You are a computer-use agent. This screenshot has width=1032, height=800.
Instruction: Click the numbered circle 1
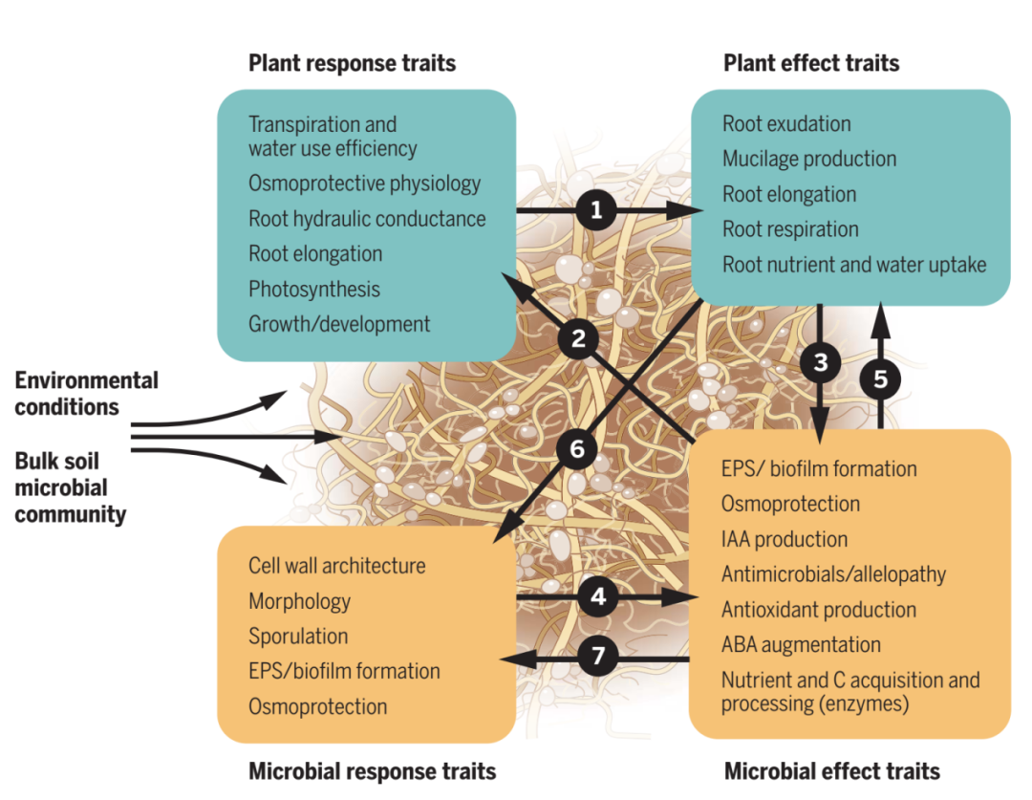click(596, 209)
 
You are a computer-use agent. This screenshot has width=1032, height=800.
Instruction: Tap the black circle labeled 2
click(578, 337)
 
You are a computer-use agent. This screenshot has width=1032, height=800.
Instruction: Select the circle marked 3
click(820, 362)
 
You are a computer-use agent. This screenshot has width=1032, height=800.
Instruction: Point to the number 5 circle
click(880, 378)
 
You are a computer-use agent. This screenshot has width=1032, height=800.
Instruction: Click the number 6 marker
click(576, 450)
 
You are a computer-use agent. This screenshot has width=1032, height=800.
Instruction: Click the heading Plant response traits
click(352, 64)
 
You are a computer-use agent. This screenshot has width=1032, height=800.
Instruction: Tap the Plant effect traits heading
click(811, 64)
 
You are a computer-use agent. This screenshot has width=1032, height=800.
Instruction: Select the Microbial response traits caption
click(372, 771)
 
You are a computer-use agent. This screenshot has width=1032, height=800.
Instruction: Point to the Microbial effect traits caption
click(831, 771)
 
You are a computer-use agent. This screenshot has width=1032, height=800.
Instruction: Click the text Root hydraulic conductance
click(367, 219)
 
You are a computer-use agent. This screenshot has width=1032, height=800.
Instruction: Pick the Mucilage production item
click(809, 159)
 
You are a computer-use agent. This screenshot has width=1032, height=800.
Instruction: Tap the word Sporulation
click(298, 637)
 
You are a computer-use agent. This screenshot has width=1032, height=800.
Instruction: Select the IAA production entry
click(784, 539)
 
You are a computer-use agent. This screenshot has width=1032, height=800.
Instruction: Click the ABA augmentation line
click(801, 644)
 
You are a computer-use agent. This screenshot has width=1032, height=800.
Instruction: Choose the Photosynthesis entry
click(314, 289)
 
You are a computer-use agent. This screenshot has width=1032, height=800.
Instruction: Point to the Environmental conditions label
click(86, 394)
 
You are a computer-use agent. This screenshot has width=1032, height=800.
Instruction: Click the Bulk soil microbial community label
click(70, 487)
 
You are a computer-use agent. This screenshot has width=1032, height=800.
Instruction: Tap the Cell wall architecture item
click(336, 566)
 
